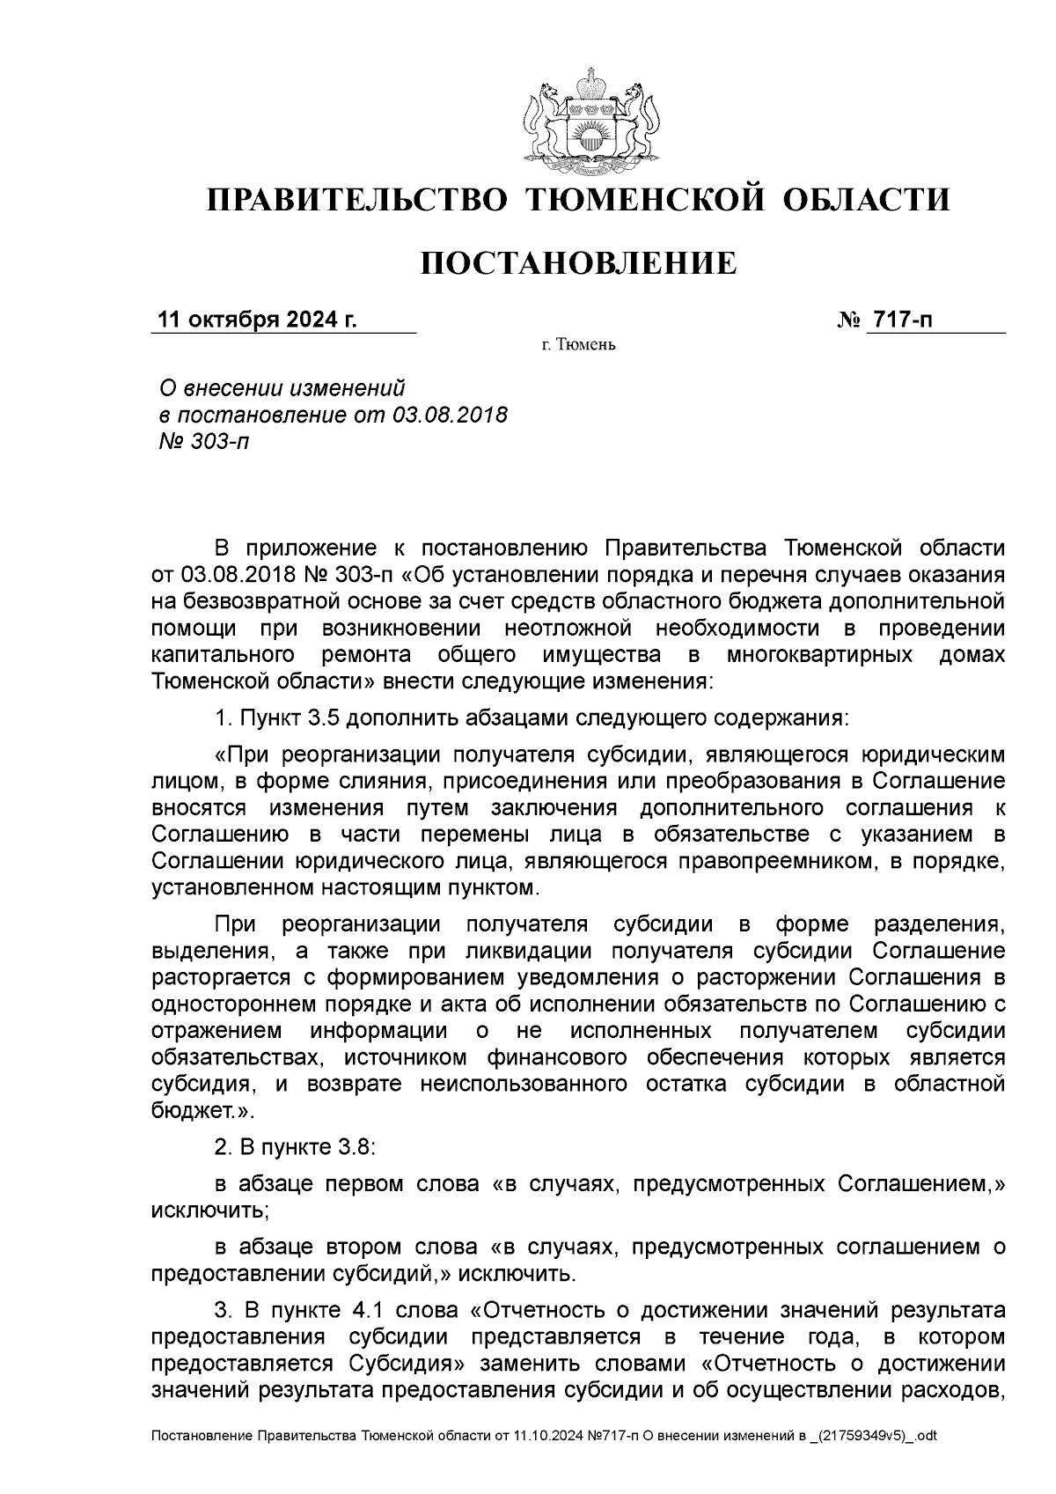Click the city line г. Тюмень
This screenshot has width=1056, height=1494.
tap(578, 344)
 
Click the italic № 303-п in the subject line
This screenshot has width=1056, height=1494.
tap(202, 441)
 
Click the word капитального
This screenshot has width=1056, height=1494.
tap(223, 655)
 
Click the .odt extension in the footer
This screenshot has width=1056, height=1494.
tap(926, 1437)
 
